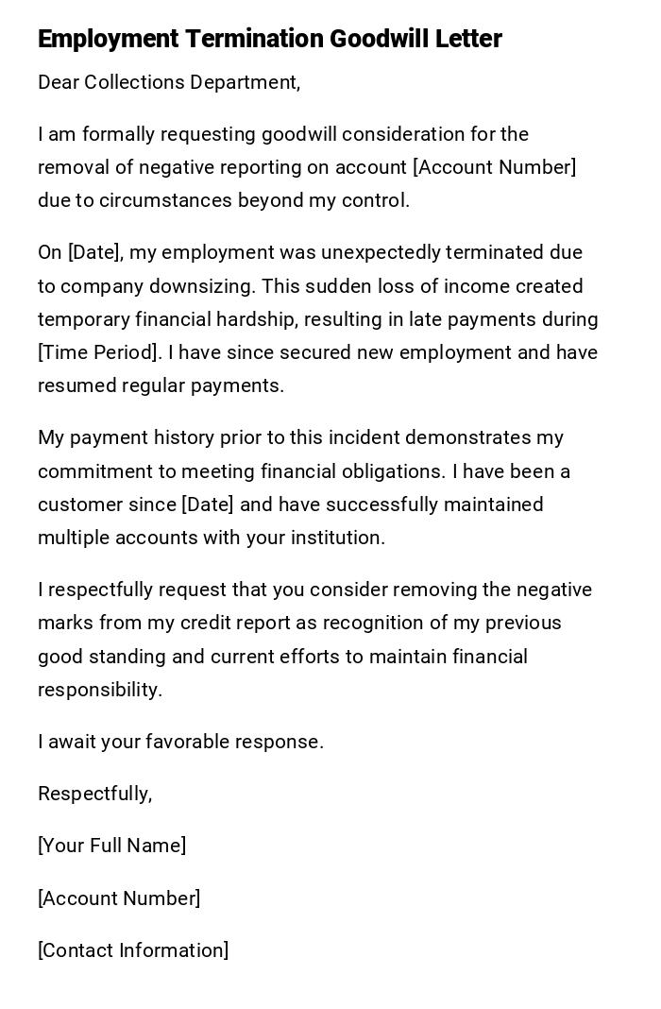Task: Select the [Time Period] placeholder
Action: click(96, 352)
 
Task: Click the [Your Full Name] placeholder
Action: click(111, 846)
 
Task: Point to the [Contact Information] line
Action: click(133, 950)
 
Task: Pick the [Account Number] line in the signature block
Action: click(119, 898)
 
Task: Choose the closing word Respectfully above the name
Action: click(94, 794)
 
